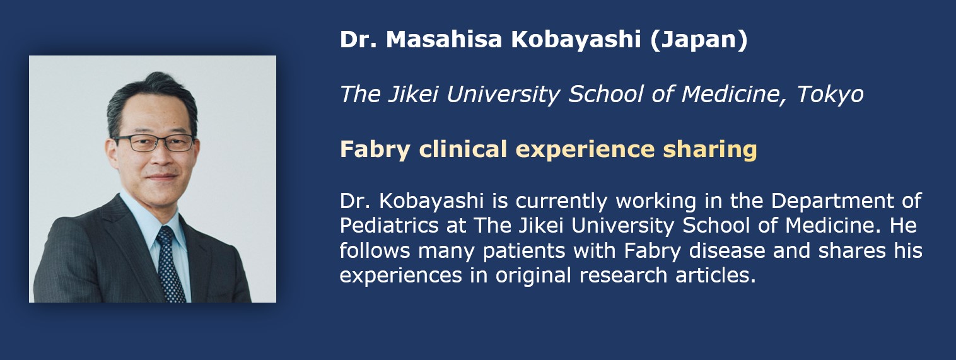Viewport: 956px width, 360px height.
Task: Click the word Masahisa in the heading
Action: click(x=444, y=39)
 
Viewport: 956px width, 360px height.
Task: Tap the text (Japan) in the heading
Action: click(x=699, y=40)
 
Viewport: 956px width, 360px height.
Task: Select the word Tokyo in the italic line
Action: click(x=830, y=95)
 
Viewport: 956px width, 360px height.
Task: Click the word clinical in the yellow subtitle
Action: click(x=463, y=149)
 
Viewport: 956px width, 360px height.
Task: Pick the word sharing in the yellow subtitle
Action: click(x=710, y=150)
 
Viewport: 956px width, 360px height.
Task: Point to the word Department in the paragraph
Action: click(x=832, y=201)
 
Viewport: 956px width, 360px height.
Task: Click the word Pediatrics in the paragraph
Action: click(x=389, y=225)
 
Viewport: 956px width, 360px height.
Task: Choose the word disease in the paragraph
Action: click(x=727, y=250)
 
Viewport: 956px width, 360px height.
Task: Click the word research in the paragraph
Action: click(x=623, y=275)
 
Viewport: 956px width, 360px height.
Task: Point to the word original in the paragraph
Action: click(x=533, y=276)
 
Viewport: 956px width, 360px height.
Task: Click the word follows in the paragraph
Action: click(x=375, y=250)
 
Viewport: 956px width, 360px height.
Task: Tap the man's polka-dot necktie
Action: click(x=170, y=264)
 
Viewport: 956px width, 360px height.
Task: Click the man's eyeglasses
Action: click(x=154, y=143)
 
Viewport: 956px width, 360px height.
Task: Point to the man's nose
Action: click(x=161, y=156)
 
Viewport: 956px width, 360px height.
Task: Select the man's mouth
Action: click(x=162, y=177)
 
